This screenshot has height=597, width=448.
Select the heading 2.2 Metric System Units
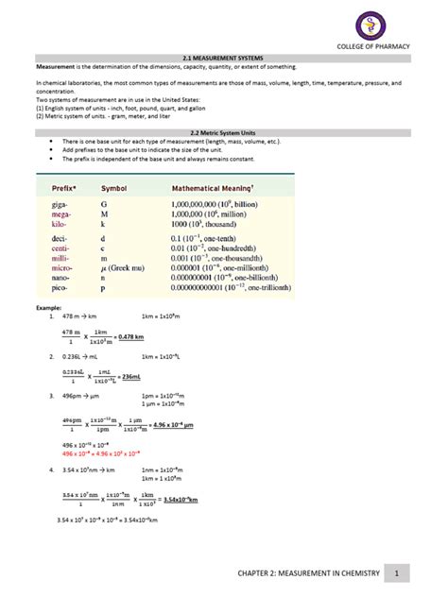[x=224, y=133]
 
